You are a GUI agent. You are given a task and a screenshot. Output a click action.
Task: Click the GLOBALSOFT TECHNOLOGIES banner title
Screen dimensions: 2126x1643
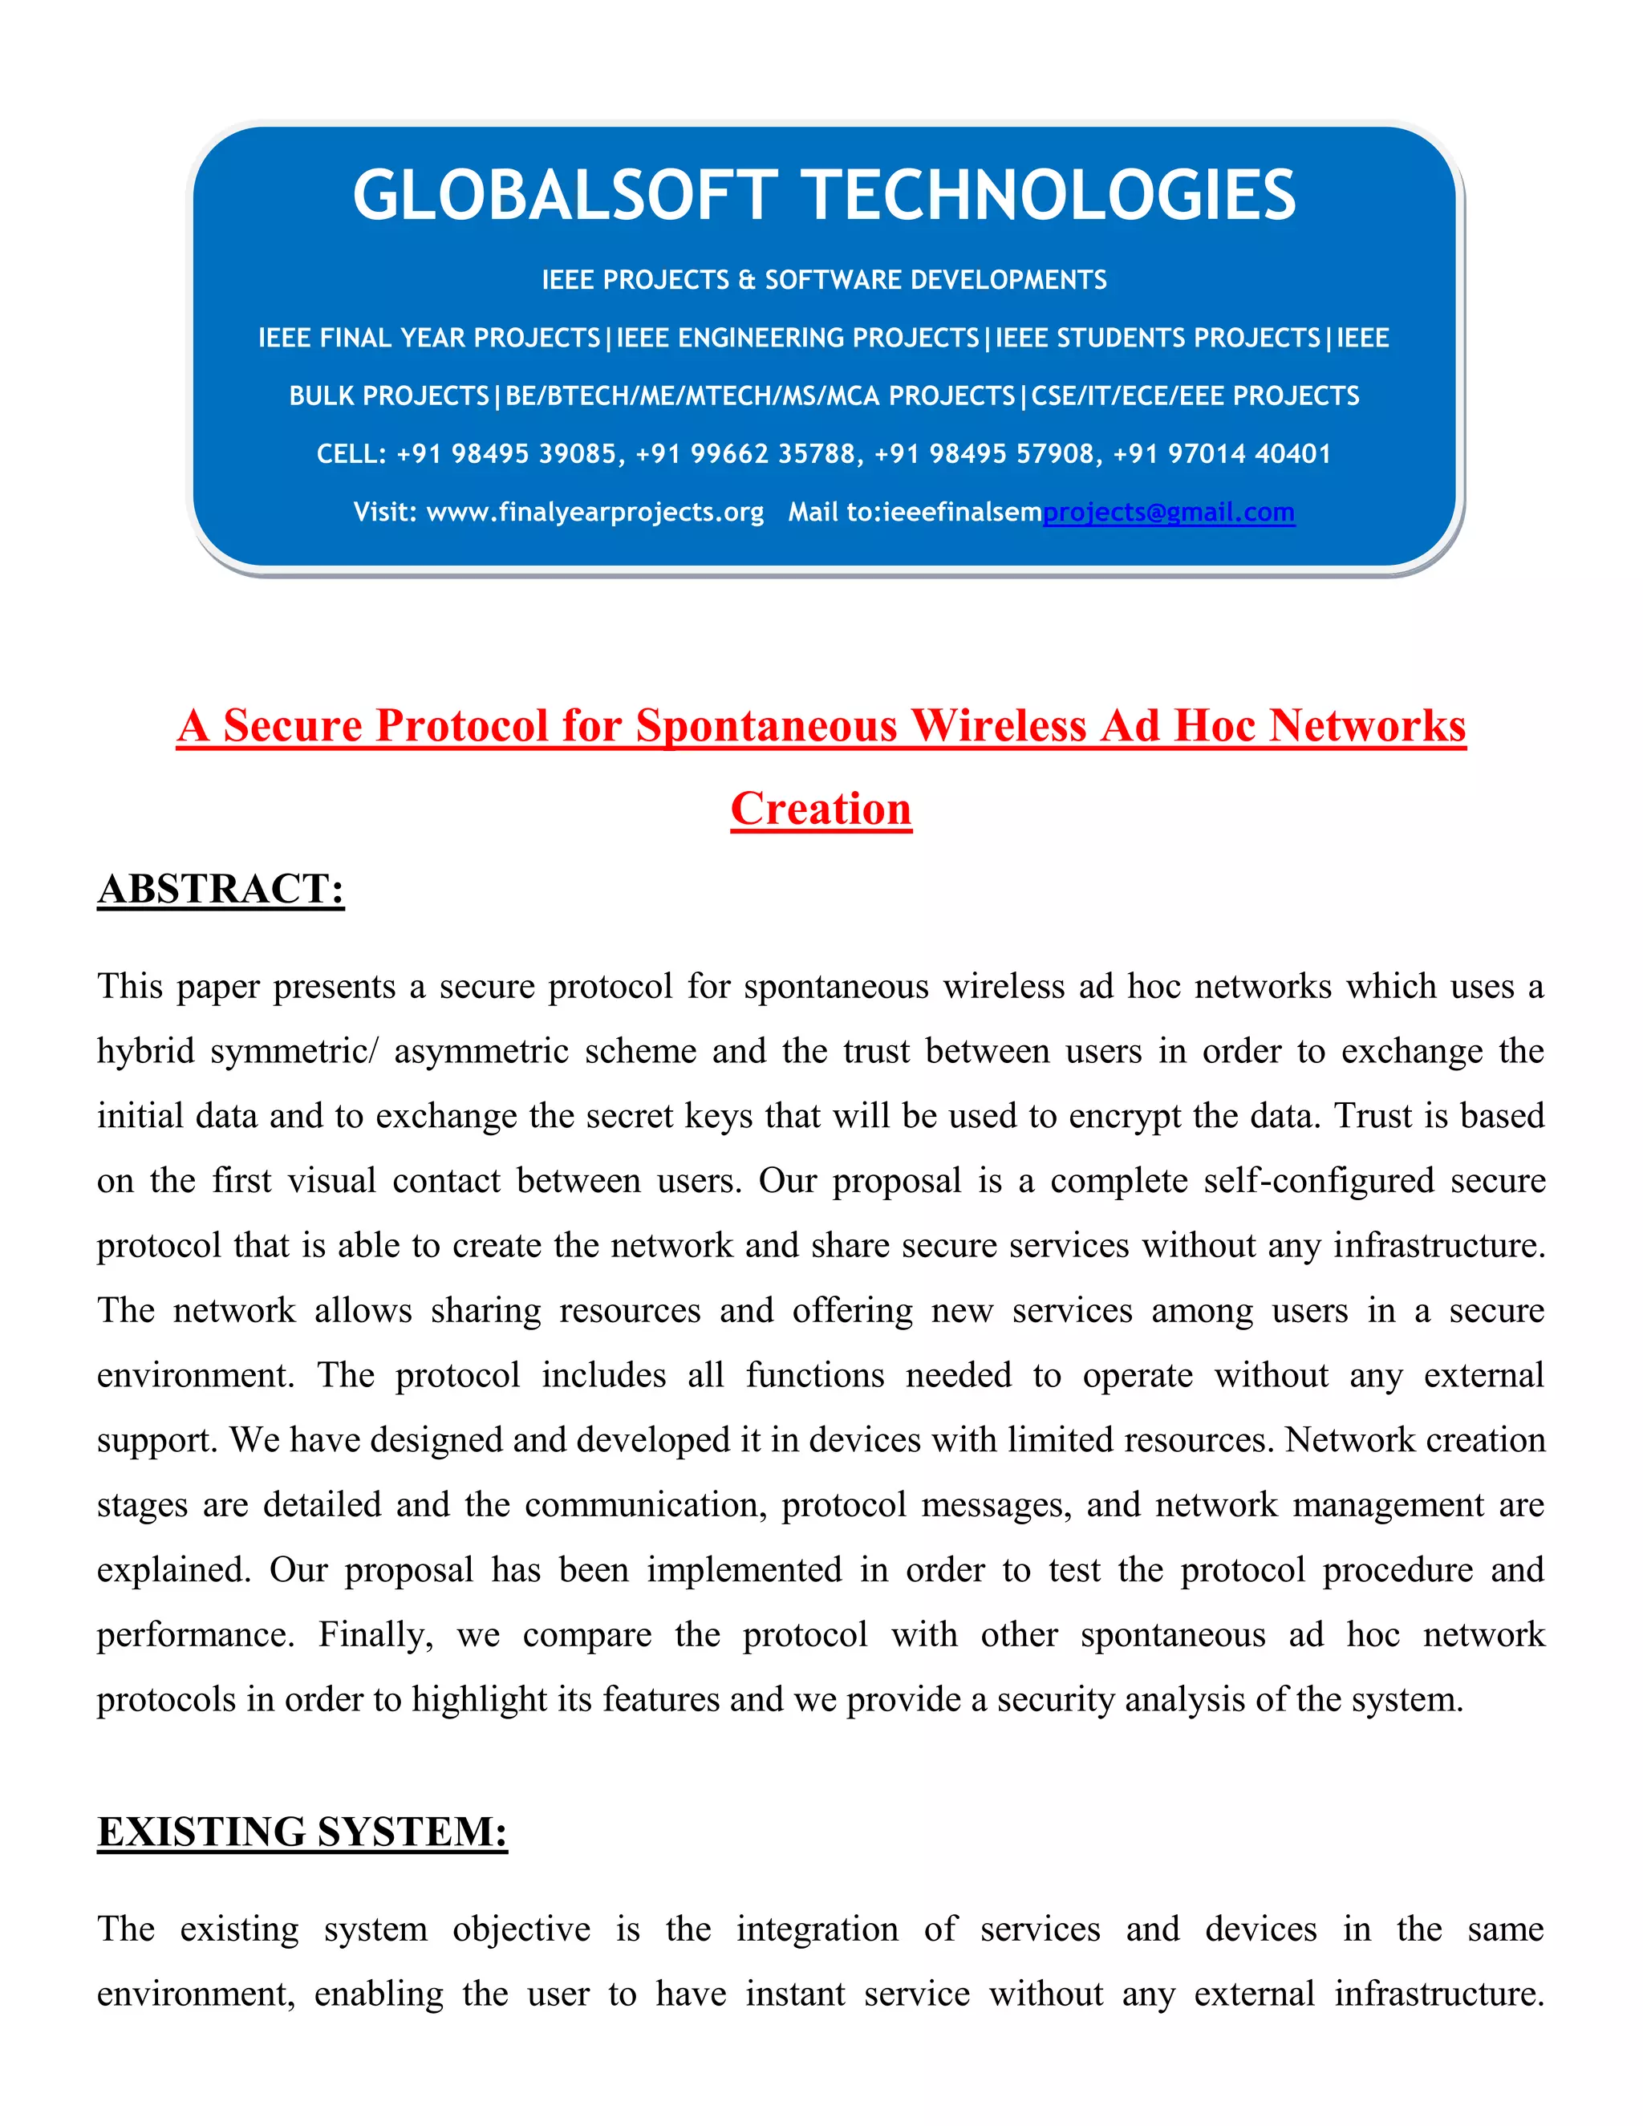pyautogui.click(x=823, y=195)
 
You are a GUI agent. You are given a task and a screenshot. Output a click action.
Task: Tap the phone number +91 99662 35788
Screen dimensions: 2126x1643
pyautogui.click(x=745, y=453)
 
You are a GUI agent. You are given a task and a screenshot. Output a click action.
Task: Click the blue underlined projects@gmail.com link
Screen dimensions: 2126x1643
pyautogui.click(x=1168, y=512)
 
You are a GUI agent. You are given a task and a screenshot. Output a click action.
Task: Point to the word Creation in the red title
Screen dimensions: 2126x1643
pyautogui.click(x=821, y=809)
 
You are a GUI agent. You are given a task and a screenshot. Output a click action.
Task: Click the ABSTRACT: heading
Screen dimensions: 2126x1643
pyautogui.click(x=221, y=889)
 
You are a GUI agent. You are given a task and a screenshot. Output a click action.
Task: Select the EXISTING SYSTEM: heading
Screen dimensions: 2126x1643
pyautogui.click(x=302, y=1832)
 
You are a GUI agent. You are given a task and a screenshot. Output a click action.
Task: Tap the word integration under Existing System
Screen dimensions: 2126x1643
pyautogui.click(x=817, y=1929)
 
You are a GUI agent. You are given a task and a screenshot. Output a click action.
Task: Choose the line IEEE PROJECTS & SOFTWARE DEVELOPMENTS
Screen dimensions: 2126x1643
pyautogui.click(x=823, y=280)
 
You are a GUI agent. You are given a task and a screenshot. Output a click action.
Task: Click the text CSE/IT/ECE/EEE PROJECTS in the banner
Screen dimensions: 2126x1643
pyautogui.click(x=1195, y=396)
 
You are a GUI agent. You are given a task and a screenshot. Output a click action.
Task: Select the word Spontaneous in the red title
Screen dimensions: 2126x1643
pyautogui.click(x=766, y=726)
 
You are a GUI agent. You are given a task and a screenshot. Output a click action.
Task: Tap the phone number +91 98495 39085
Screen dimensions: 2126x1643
pyautogui.click(x=507, y=453)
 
